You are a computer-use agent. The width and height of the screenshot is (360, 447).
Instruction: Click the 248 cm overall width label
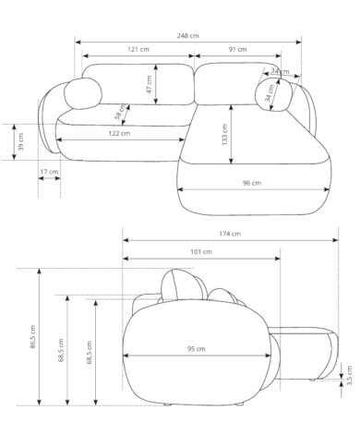tap(187, 36)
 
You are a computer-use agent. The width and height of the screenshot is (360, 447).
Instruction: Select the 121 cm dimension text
tap(138, 49)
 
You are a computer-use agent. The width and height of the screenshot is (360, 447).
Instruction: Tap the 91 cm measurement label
tap(237, 49)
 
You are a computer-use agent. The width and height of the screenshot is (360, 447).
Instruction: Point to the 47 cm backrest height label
tap(149, 85)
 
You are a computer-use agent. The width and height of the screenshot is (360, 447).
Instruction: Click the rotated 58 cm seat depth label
tap(120, 112)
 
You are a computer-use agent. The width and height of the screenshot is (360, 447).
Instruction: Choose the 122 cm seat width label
tap(119, 133)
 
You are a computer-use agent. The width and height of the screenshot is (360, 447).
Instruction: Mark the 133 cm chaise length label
tap(224, 135)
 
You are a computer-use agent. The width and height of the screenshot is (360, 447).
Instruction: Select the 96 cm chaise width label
tap(252, 183)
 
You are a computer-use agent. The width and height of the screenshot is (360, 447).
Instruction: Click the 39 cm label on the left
tap(20, 141)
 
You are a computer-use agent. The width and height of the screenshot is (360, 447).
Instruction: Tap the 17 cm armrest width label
tap(49, 172)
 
